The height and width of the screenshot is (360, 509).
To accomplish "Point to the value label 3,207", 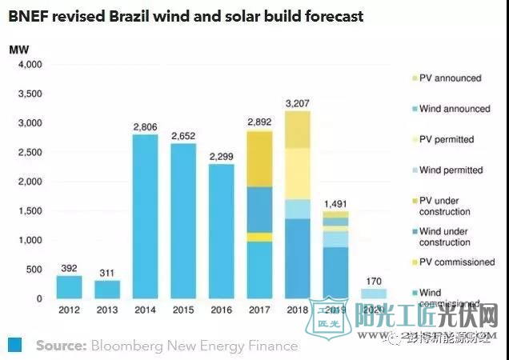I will point(299,102).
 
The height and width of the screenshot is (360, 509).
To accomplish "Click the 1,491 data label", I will point(336,202).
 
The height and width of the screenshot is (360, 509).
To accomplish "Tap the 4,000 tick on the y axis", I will point(30,65).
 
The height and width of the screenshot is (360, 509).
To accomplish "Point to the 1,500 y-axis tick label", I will point(30,211).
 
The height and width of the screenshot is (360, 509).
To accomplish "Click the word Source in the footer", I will point(61,346).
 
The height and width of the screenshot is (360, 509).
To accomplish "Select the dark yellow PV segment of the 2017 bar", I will point(260,159).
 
